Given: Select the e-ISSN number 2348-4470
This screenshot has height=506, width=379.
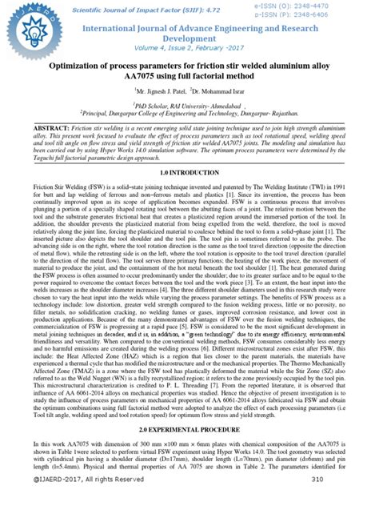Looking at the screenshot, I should tap(339, 6).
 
